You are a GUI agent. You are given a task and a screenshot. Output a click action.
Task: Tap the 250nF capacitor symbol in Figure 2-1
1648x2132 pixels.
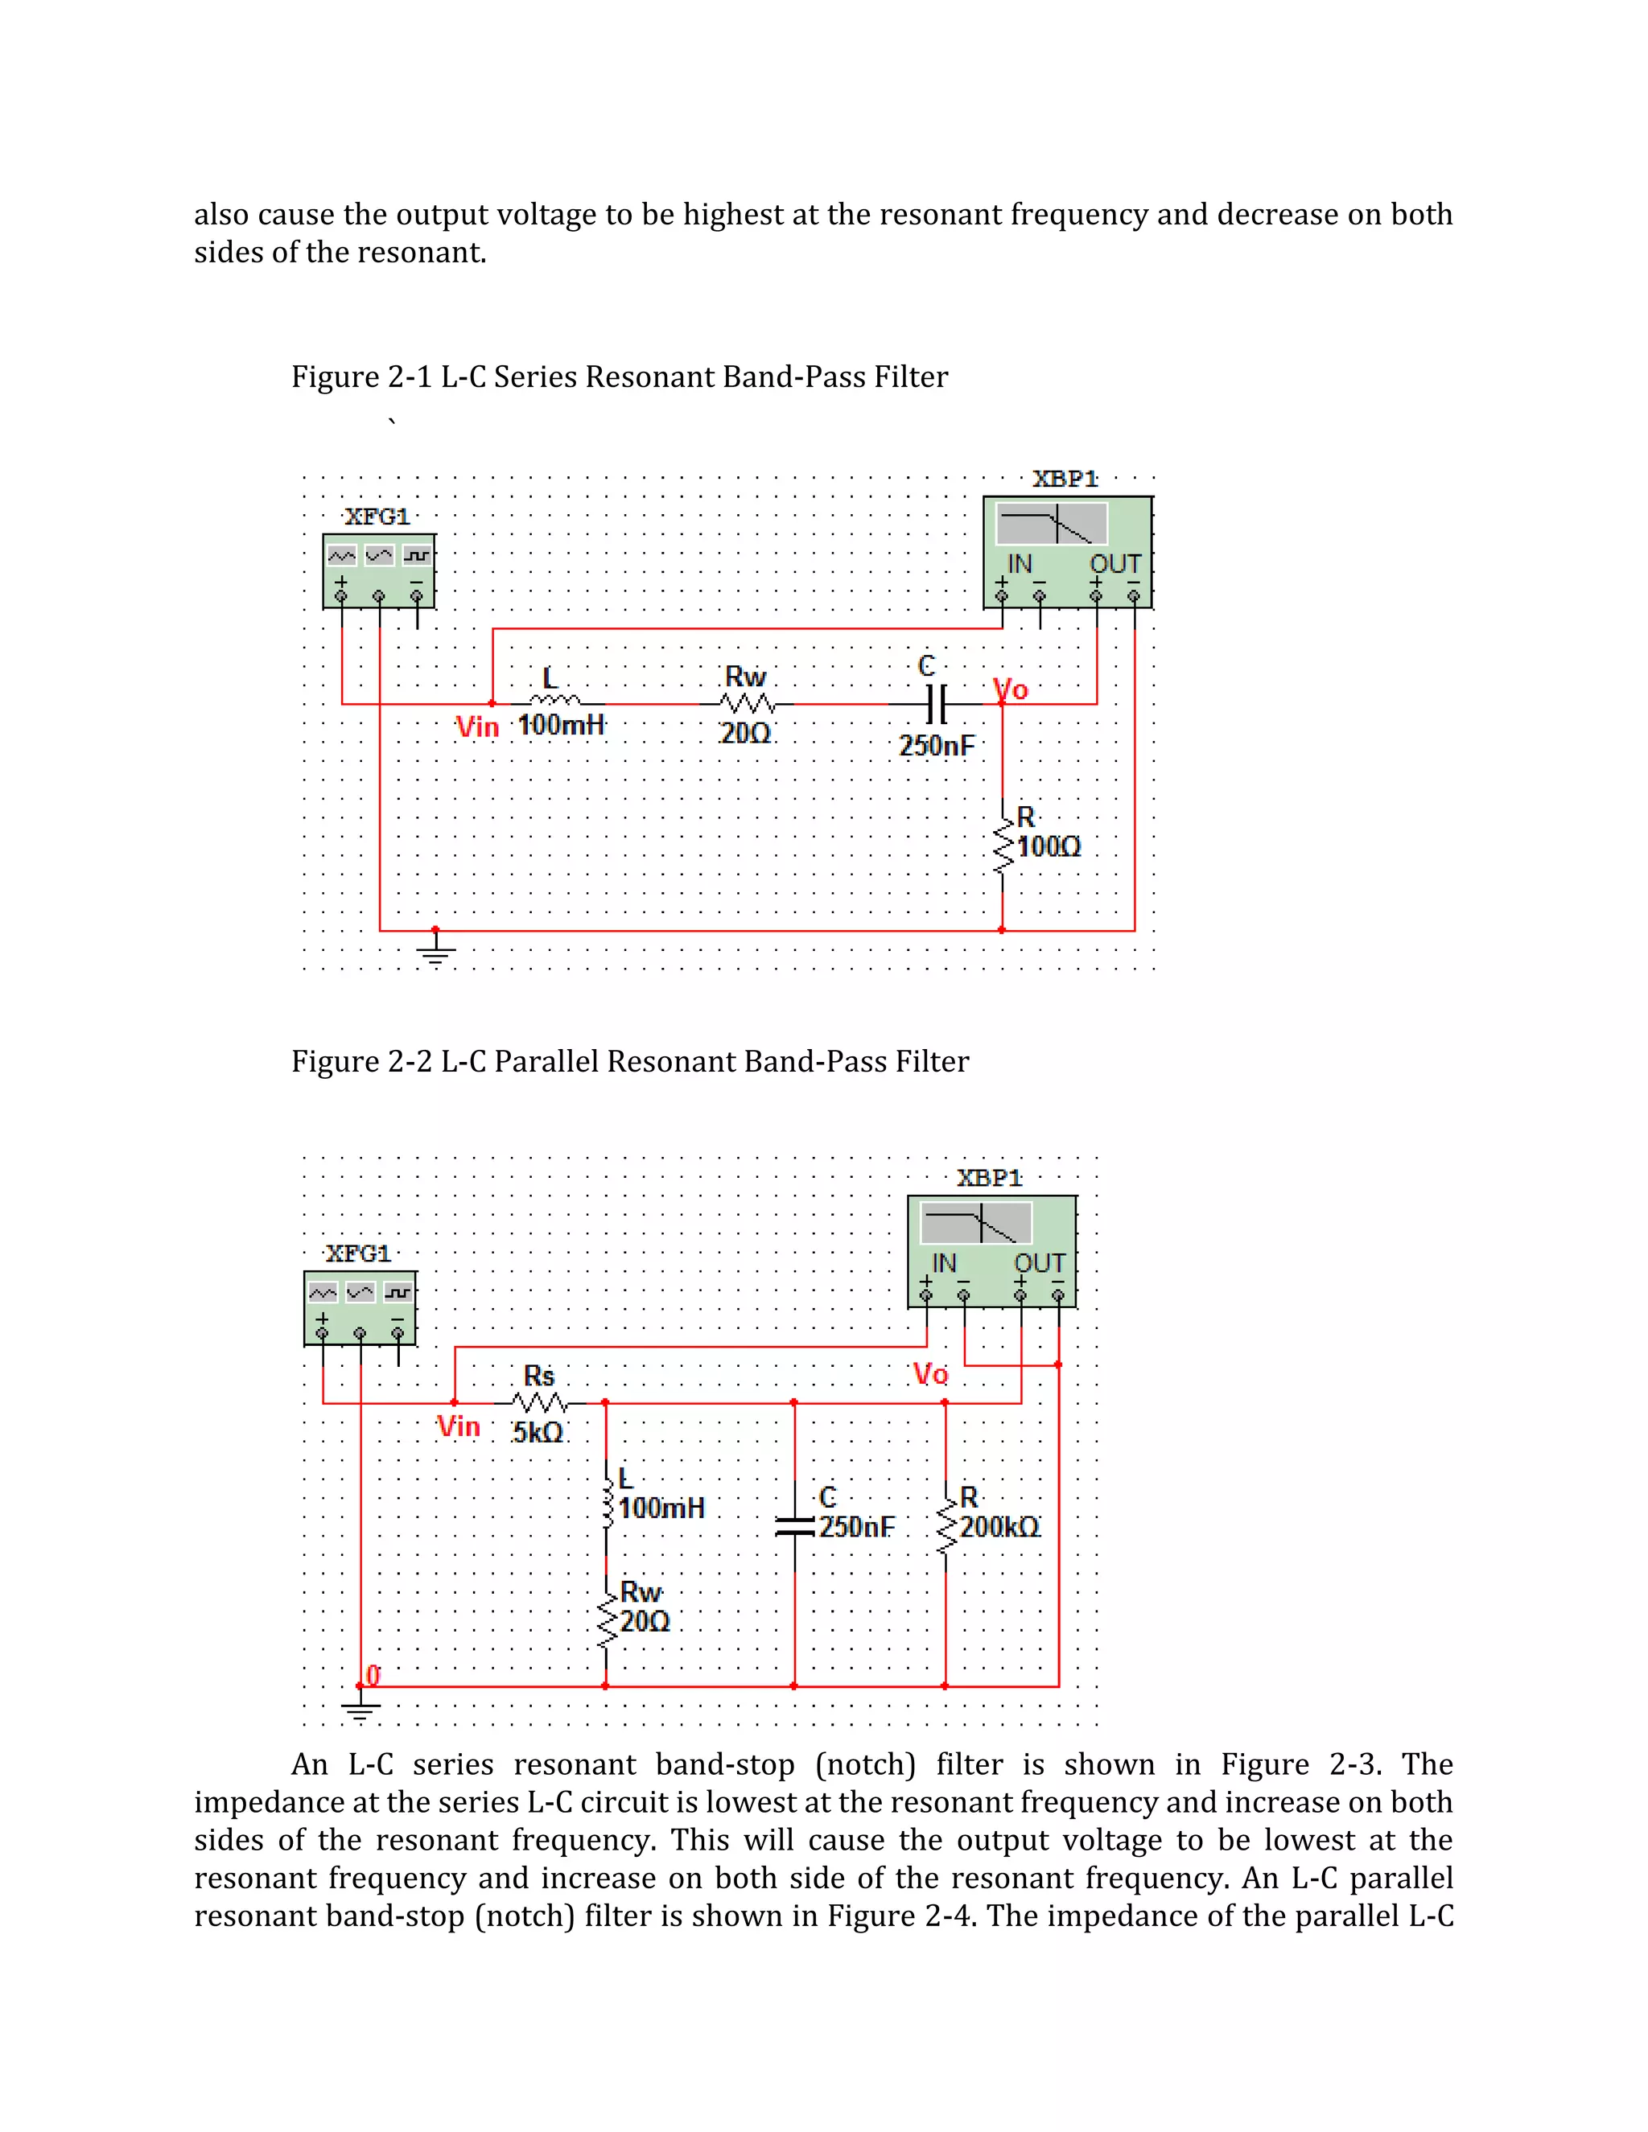point(935,703)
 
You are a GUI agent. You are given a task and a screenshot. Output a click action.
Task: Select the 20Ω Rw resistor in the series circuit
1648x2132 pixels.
point(747,703)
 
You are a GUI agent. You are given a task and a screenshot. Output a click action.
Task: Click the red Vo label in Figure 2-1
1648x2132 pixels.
point(1011,690)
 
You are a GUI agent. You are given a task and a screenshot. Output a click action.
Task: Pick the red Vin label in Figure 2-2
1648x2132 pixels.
point(459,1427)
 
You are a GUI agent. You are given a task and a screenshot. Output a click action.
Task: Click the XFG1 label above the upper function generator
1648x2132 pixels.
point(377,517)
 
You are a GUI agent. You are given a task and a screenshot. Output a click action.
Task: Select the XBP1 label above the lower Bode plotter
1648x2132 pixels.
point(989,1179)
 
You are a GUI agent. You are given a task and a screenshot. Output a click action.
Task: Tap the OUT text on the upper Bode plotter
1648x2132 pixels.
point(1115,564)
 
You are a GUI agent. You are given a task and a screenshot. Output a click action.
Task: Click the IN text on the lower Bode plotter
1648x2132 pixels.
point(944,1263)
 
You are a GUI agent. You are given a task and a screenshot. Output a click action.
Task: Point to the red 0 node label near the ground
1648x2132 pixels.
point(373,1675)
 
